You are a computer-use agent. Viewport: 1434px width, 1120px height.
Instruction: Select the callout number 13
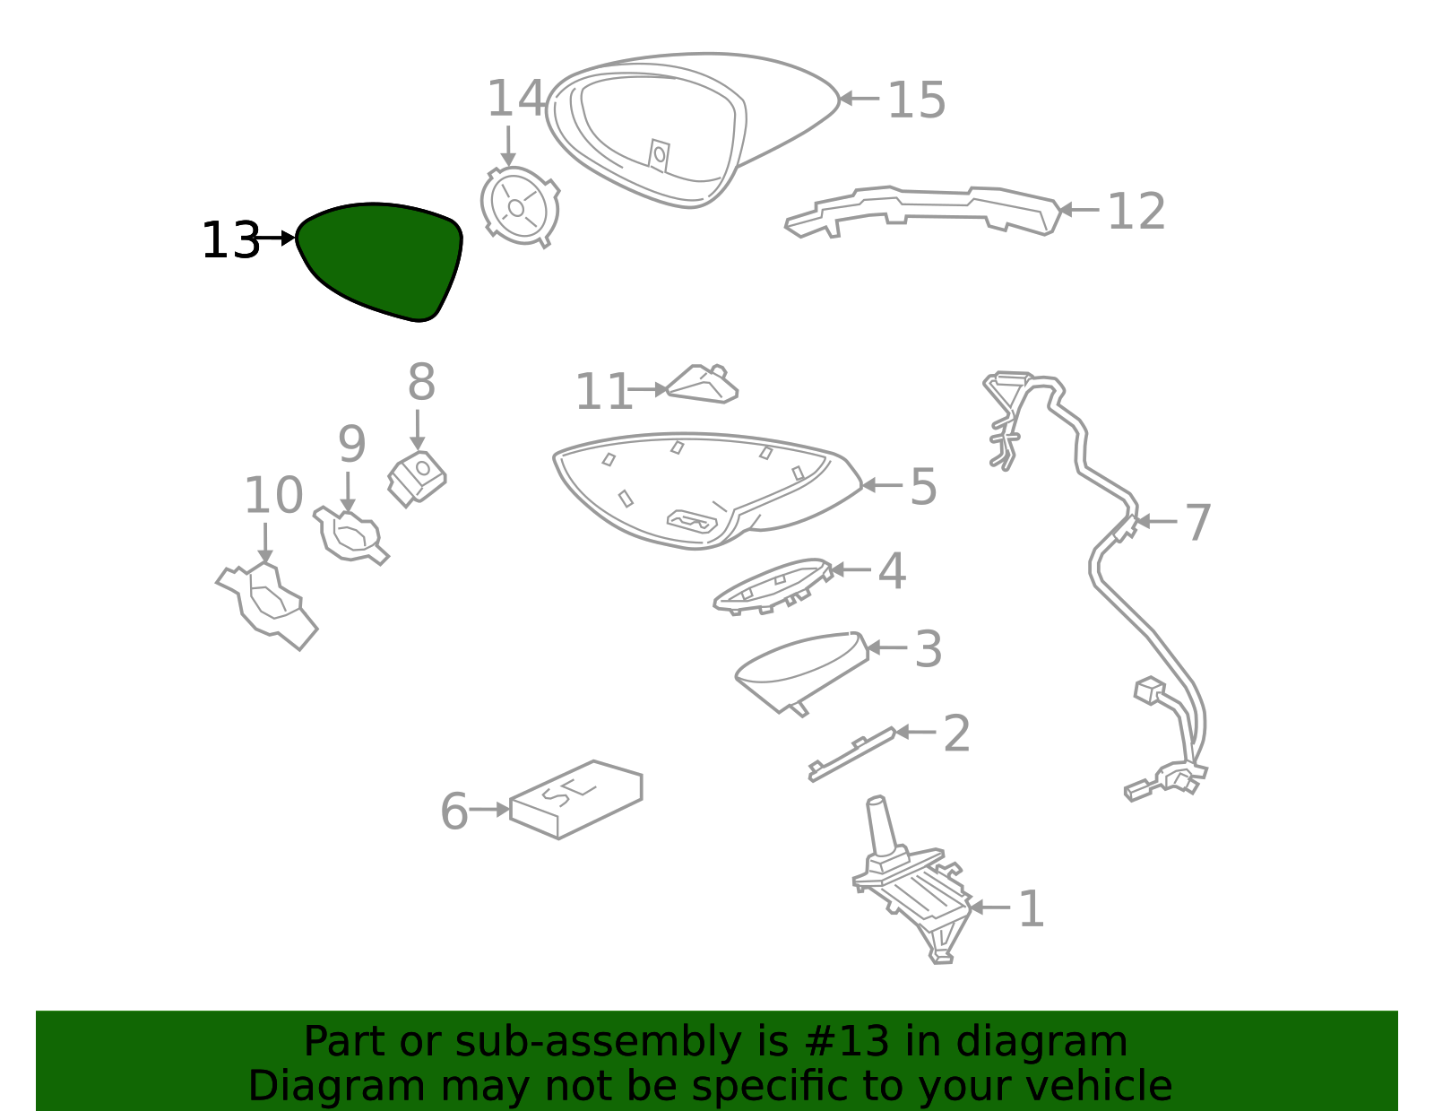click(229, 240)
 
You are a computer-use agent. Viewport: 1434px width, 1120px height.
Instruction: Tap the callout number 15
click(916, 100)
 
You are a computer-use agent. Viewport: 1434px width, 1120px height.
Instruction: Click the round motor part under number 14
click(519, 207)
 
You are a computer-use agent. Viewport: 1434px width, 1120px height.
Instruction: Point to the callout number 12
click(1136, 212)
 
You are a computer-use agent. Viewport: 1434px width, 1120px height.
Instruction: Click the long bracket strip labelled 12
click(923, 209)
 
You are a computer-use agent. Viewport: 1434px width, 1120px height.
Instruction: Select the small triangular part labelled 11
click(704, 385)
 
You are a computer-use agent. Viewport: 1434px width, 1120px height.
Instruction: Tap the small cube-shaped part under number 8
click(417, 477)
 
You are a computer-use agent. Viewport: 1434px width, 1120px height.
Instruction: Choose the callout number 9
click(351, 444)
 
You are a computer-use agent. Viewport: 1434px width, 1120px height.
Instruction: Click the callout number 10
click(273, 495)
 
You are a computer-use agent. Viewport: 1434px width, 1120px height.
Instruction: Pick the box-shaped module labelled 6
click(576, 799)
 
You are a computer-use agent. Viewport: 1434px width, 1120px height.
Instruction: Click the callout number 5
click(923, 486)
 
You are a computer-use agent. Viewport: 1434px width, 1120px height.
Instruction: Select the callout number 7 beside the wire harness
click(1198, 522)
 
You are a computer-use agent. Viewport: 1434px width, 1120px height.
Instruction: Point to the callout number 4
click(892, 570)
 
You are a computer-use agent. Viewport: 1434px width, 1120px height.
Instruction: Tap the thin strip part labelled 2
click(851, 752)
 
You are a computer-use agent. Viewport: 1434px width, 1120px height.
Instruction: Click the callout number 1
click(1032, 908)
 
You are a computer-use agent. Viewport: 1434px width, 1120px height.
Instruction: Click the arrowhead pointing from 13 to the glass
click(288, 238)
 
